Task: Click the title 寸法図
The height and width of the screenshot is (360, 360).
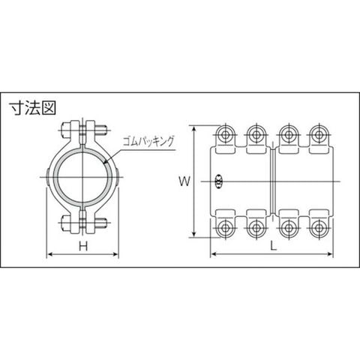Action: pos(32,108)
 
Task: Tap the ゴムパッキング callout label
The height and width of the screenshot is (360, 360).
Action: pos(148,142)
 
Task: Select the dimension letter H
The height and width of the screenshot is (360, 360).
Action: pos(83,246)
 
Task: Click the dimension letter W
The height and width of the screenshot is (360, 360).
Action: pos(184,181)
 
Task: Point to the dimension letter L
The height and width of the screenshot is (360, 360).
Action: pos(274,246)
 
